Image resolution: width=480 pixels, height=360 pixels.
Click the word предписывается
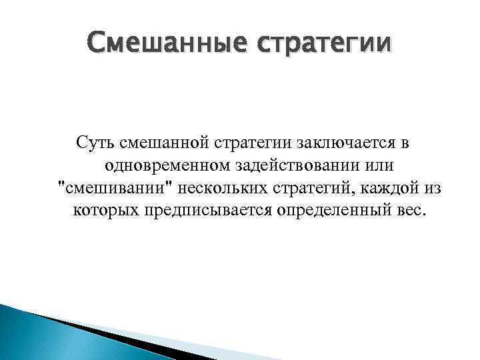[199, 211]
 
